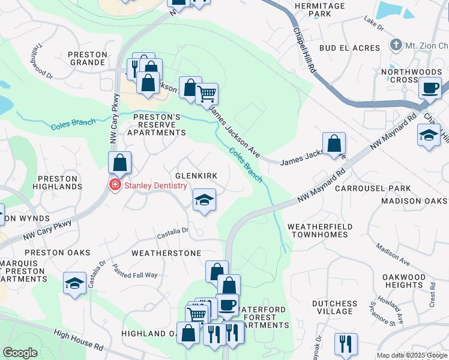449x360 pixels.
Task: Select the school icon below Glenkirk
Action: tap(204, 200)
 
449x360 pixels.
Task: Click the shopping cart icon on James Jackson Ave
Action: tap(206, 94)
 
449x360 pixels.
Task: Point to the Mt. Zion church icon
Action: tap(396, 45)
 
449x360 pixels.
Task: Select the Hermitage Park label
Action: tap(321, 9)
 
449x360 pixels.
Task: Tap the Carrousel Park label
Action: tap(381, 188)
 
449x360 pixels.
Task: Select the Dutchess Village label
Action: tap(334, 307)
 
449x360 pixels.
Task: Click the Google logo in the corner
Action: tap(20, 353)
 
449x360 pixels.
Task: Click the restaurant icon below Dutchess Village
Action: tap(345, 344)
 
